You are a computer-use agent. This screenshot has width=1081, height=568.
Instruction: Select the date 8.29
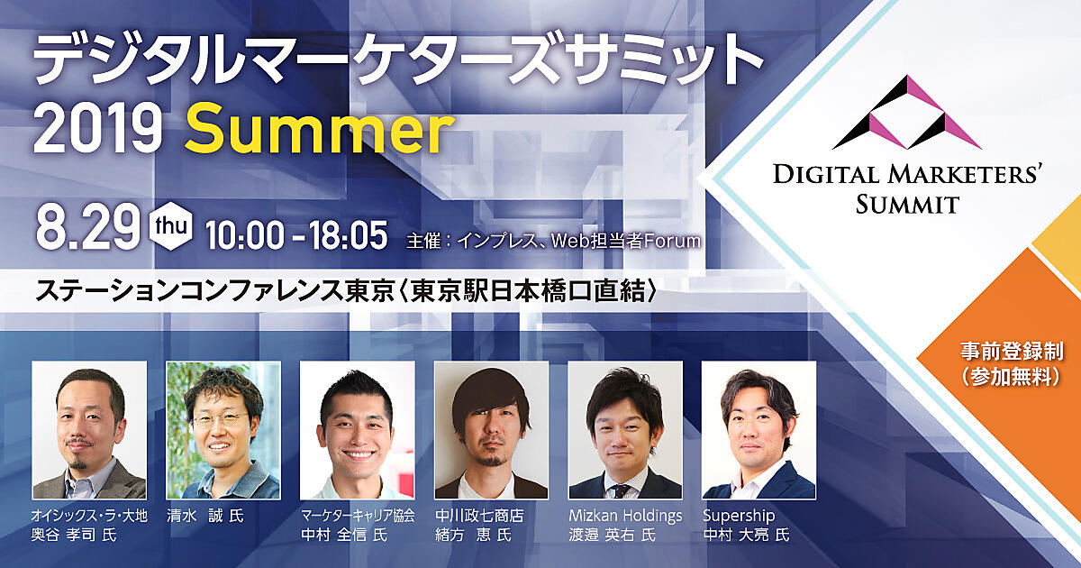(x=87, y=227)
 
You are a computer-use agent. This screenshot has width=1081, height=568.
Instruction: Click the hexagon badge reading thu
(x=171, y=228)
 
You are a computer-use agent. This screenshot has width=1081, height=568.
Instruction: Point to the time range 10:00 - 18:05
(x=296, y=235)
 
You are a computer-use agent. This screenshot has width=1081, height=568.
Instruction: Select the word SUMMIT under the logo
(x=907, y=205)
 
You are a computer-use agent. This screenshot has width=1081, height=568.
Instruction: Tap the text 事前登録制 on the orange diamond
(x=1012, y=351)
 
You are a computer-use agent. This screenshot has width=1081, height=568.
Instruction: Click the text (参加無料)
(x=1012, y=376)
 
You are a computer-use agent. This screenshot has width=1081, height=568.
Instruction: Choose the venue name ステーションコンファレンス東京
(x=215, y=291)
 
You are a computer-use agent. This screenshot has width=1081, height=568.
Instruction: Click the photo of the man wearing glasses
(x=223, y=430)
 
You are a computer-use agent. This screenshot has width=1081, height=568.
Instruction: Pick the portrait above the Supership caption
(x=759, y=430)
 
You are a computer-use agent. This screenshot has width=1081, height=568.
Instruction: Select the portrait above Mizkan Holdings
(x=625, y=430)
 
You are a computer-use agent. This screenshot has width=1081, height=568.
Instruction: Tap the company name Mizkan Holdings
(x=625, y=516)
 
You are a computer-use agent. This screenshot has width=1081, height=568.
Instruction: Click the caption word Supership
(x=739, y=516)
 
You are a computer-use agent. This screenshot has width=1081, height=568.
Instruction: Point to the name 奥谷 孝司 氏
(x=74, y=536)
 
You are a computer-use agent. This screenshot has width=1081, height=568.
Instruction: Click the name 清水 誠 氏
(x=205, y=516)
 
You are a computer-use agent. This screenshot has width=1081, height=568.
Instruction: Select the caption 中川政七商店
(x=479, y=516)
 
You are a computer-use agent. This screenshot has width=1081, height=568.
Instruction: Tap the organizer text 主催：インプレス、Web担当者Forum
(x=553, y=241)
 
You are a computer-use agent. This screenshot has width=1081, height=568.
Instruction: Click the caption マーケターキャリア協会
(x=358, y=516)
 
